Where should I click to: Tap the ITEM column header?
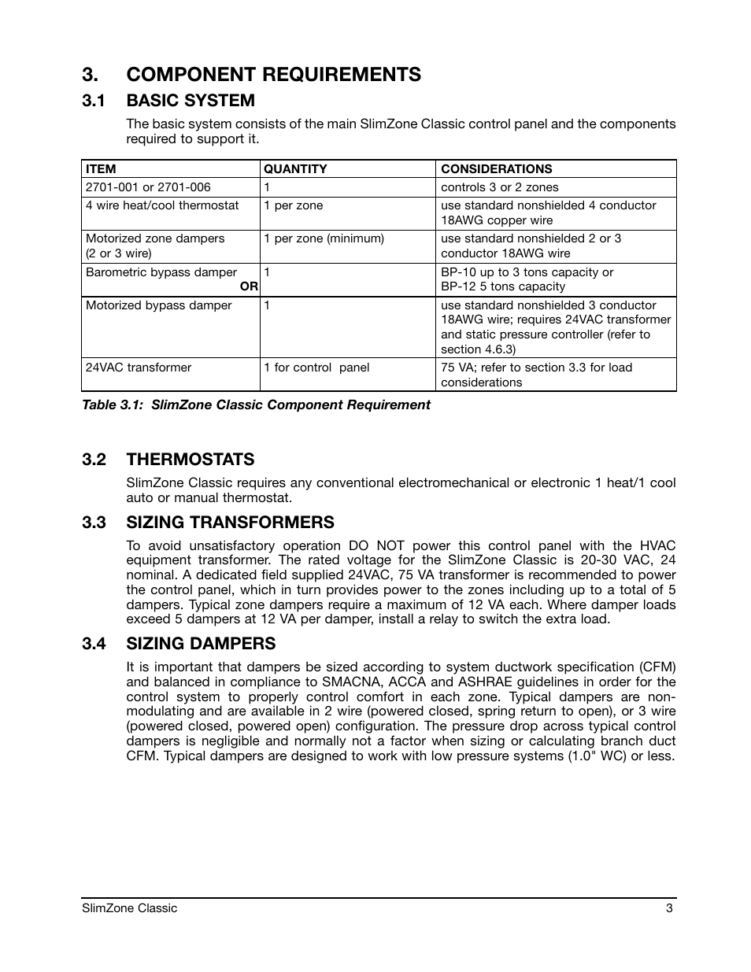(101, 168)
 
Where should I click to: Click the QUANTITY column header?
(295, 168)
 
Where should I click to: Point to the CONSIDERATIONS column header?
(496, 168)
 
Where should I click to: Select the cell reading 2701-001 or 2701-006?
(148, 187)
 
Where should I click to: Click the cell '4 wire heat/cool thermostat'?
(162, 205)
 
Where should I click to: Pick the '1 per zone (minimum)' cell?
(324, 238)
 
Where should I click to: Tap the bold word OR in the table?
(249, 286)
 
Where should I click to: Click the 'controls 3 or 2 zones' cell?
(499, 187)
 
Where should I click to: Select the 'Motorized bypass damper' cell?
(158, 305)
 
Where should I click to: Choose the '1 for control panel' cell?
(316, 368)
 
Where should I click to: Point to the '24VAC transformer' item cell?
(139, 368)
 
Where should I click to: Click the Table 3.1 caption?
(256, 405)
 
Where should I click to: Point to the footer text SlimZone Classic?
(130, 908)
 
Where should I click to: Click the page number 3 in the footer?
(668, 908)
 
